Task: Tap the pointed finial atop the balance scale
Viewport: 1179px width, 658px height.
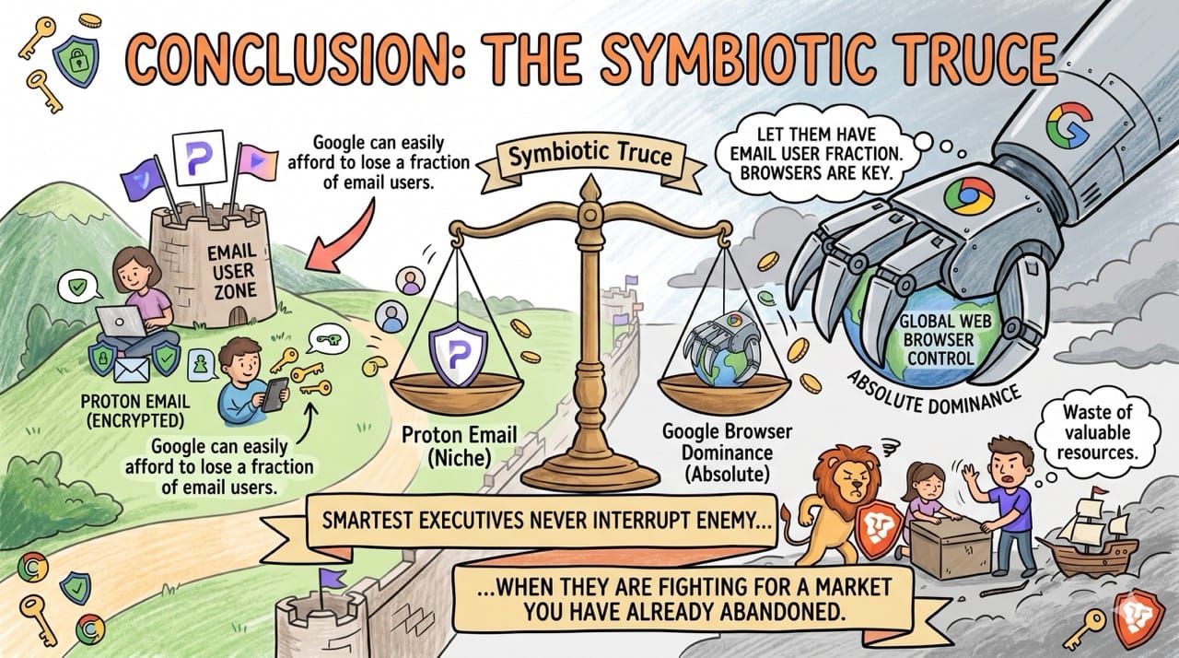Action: point(589,190)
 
